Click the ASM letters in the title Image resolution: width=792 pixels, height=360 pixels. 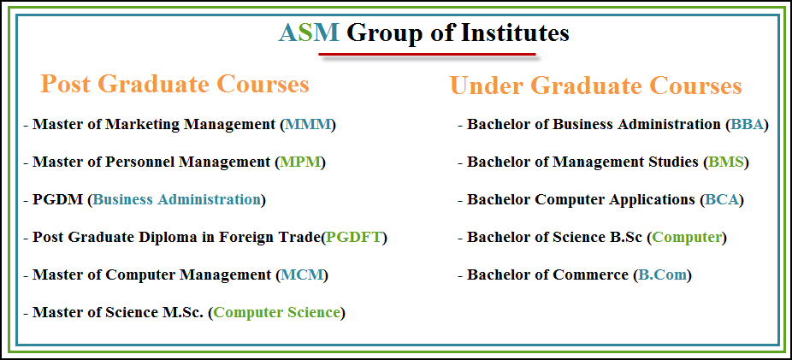[309, 33]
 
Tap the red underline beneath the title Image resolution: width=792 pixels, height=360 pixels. [427, 54]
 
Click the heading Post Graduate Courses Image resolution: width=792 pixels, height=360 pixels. [174, 84]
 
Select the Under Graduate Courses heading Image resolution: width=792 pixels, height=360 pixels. [596, 86]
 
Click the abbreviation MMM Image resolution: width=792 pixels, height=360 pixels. [308, 125]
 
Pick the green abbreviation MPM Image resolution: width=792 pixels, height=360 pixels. [300, 162]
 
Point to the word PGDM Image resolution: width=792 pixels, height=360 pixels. [57, 199]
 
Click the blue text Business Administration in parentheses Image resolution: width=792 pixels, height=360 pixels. [177, 199]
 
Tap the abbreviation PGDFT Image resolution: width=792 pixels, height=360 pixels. [354, 237]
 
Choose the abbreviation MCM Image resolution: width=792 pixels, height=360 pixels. [302, 275]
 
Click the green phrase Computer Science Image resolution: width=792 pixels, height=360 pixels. [277, 313]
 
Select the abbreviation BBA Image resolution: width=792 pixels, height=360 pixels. [747, 125]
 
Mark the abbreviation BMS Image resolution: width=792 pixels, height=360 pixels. [726, 162]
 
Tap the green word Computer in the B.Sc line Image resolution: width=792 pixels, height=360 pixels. [687, 238]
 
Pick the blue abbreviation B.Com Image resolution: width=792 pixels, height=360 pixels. [662, 275]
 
